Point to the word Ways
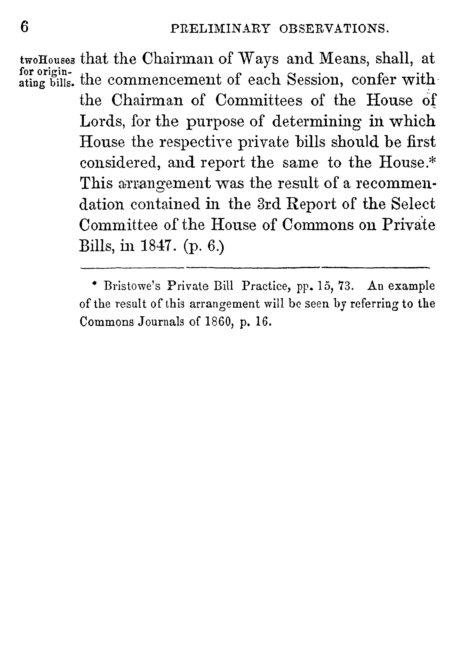click(259, 59)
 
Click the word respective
click(196, 142)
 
